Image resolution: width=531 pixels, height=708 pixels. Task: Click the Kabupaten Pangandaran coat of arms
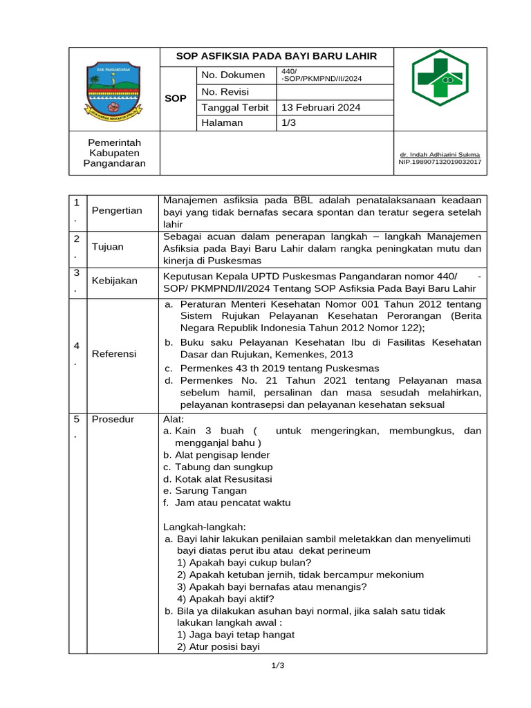tap(113, 88)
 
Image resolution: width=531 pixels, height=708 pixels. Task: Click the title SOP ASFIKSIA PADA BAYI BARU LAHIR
tap(277, 57)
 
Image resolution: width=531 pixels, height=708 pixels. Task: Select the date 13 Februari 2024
tap(320, 108)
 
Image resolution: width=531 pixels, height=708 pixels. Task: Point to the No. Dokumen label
tap(233, 75)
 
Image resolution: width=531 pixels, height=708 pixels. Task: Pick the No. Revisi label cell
tap(225, 92)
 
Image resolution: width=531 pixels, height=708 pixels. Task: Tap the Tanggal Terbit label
tap(236, 108)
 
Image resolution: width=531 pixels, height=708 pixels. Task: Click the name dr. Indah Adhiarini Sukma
tap(440, 155)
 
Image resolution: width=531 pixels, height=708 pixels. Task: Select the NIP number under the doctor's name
tap(440, 162)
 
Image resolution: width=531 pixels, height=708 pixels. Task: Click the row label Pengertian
tap(117, 211)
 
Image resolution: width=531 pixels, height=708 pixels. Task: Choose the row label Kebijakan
tap(115, 281)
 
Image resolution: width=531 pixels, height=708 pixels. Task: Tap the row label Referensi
tap(114, 354)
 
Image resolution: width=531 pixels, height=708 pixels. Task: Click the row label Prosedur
tap(114, 419)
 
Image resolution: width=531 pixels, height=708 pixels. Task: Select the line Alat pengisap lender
tap(216, 455)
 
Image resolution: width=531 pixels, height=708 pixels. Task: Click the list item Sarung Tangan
tap(205, 491)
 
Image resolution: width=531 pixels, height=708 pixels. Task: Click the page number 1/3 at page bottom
tap(277, 666)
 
